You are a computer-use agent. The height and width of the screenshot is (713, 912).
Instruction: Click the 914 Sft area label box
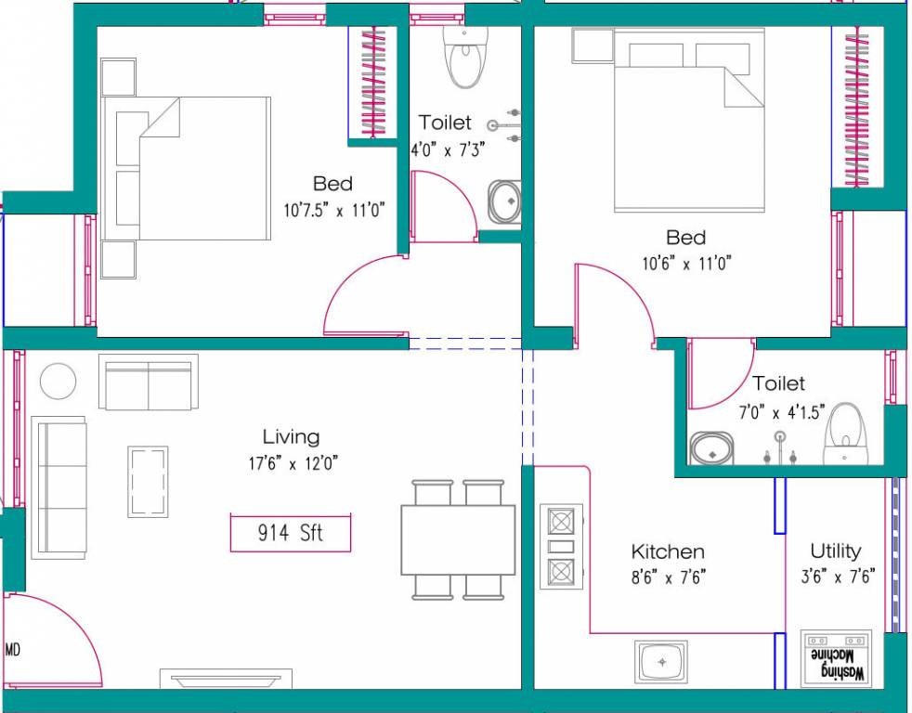coord(291,533)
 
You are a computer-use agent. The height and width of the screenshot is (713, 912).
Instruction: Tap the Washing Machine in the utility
coord(837,660)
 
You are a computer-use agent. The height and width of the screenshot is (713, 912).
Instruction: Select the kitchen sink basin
coord(661,662)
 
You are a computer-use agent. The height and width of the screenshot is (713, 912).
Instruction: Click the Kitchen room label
coord(667,552)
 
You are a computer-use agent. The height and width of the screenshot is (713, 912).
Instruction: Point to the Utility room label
coord(835,551)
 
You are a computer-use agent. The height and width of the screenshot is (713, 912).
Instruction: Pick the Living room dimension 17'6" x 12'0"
coord(292,462)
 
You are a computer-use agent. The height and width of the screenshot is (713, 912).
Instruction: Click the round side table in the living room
coord(59,382)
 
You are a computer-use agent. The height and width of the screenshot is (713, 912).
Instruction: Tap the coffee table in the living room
coord(148,481)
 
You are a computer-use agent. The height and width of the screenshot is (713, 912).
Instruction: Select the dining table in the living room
coord(458,539)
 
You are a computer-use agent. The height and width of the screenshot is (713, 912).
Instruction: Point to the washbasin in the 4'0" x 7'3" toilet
coord(505,201)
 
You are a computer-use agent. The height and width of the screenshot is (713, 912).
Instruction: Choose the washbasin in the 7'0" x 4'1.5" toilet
coord(712,449)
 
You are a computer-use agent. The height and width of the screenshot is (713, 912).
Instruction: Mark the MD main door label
coord(13,650)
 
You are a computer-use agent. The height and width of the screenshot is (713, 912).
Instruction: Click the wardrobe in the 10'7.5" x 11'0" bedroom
coord(373,83)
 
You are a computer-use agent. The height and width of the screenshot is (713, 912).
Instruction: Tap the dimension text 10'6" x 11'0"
coord(686,264)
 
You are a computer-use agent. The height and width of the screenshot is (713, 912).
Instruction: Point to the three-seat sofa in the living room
coord(59,486)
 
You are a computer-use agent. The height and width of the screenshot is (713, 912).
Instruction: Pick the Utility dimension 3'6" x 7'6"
coord(835,577)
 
